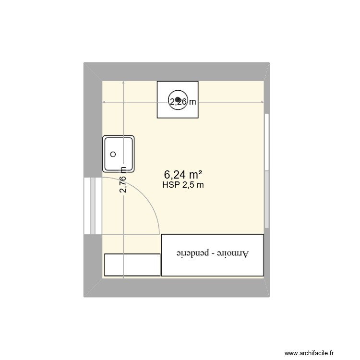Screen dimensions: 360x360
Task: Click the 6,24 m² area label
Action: [183, 174]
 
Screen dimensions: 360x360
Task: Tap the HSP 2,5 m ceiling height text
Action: [183, 185]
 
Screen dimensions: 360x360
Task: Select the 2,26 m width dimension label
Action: [182, 101]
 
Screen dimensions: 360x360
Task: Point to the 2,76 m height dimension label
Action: [123, 180]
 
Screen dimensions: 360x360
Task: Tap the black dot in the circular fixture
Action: [178, 100]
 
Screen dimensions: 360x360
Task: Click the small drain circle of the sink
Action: [113, 154]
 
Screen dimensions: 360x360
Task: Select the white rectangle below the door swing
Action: [132, 265]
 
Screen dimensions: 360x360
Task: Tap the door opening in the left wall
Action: [93, 206]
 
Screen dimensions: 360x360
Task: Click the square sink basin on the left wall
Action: [119, 154]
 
